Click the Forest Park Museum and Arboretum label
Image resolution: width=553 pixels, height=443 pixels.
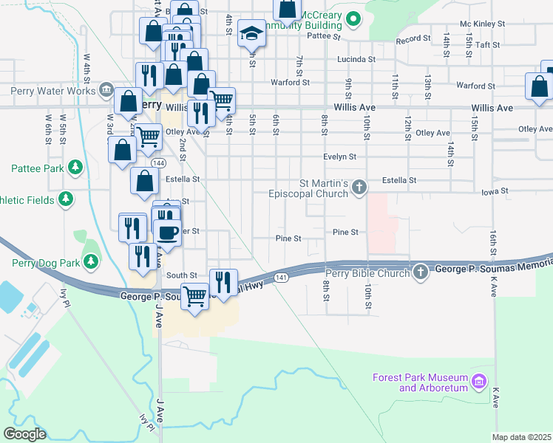pyautogui.click(x=420, y=382)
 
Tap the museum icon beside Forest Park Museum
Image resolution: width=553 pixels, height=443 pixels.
pyautogui.click(x=479, y=382)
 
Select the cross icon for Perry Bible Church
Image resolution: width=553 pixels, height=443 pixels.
pyautogui.click(x=421, y=272)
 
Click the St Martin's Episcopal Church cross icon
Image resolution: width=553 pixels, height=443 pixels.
pyautogui.click(x=359, y=186)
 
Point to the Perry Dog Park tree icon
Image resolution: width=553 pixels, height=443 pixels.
pyautogui.click(x=91, y=261)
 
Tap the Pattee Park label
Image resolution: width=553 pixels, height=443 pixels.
pyautogui.click(x=38, y=168)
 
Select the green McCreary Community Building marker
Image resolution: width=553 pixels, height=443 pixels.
pyautogui.click(x=353, y=18)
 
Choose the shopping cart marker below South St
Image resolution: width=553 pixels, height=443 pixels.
pyautogui.click(x=194, y=298)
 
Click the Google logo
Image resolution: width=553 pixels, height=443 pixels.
pyautogui.click(x=24, y=434)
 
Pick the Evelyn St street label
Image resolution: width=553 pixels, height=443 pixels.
pyautogui.click(x=340, y=157)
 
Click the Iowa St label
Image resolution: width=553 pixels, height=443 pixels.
pyautogui.click(x=495, y=190)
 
